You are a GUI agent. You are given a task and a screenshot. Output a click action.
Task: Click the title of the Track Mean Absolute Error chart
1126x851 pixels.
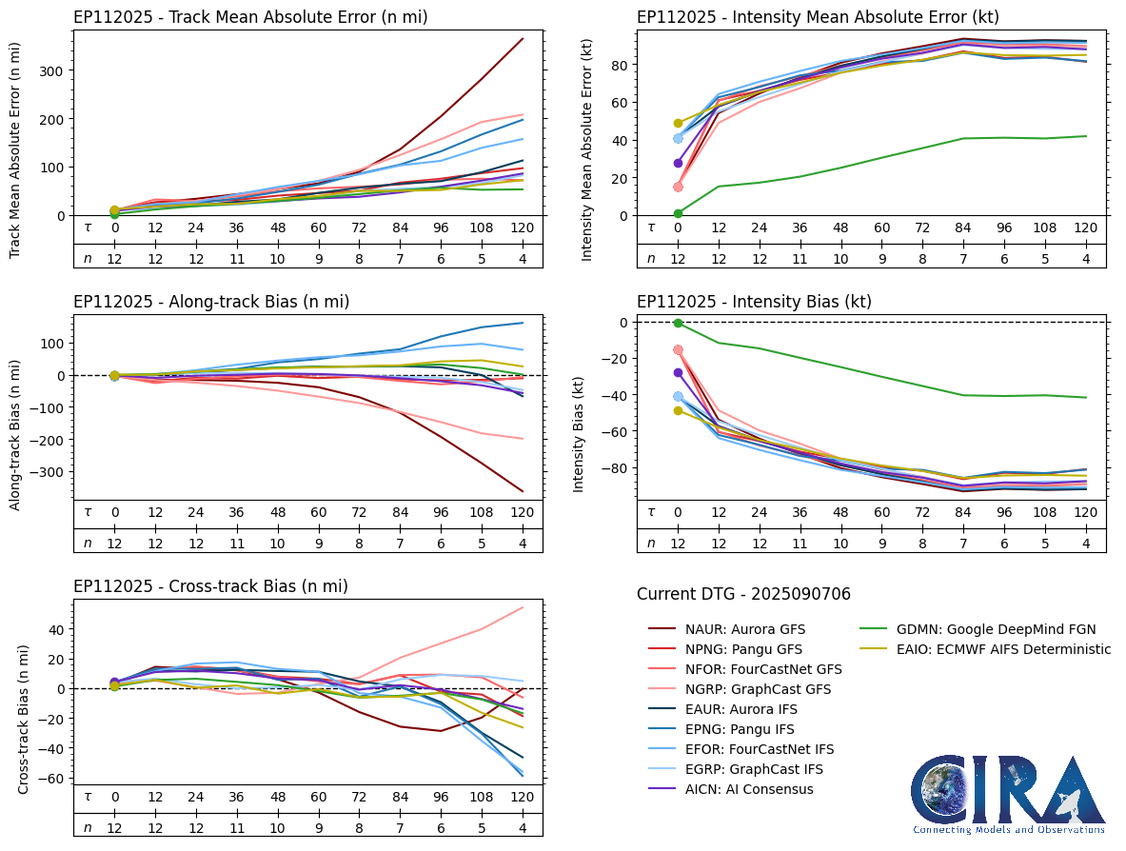tap(250, 17)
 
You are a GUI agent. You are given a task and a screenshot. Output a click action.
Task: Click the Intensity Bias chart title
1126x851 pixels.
tap(754, 302)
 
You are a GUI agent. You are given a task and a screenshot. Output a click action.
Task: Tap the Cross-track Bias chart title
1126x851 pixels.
tap(210, 586)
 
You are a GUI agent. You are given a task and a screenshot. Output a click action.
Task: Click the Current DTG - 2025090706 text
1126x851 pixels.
tap(743, 595)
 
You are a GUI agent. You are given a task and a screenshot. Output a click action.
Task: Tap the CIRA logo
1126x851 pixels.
tap(1008, 794)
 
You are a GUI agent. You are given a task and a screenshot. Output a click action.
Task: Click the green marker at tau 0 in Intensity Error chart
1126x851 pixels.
tap(678, 213)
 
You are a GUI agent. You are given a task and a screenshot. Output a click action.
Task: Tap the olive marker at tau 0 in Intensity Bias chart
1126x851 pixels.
tap(678, 410)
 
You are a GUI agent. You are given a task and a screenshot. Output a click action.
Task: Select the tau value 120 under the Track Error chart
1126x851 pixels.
tap(523, 228)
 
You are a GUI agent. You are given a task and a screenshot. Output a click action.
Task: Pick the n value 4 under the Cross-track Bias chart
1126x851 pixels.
tap(523, 827)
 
